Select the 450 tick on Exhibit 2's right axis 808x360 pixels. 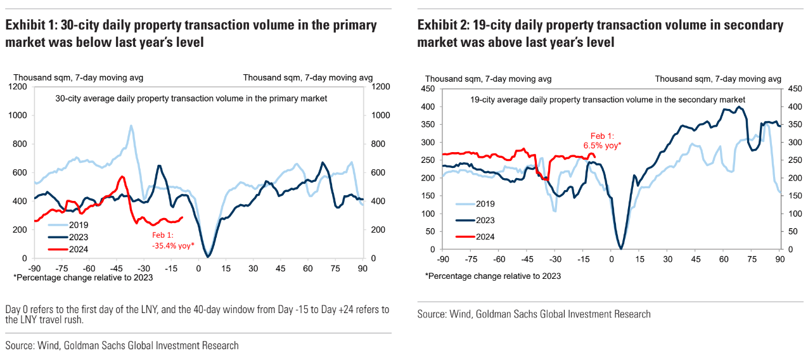coord(794,88)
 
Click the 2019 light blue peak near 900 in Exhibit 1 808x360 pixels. coord(131,125)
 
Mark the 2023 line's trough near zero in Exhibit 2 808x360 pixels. coord(622,248)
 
